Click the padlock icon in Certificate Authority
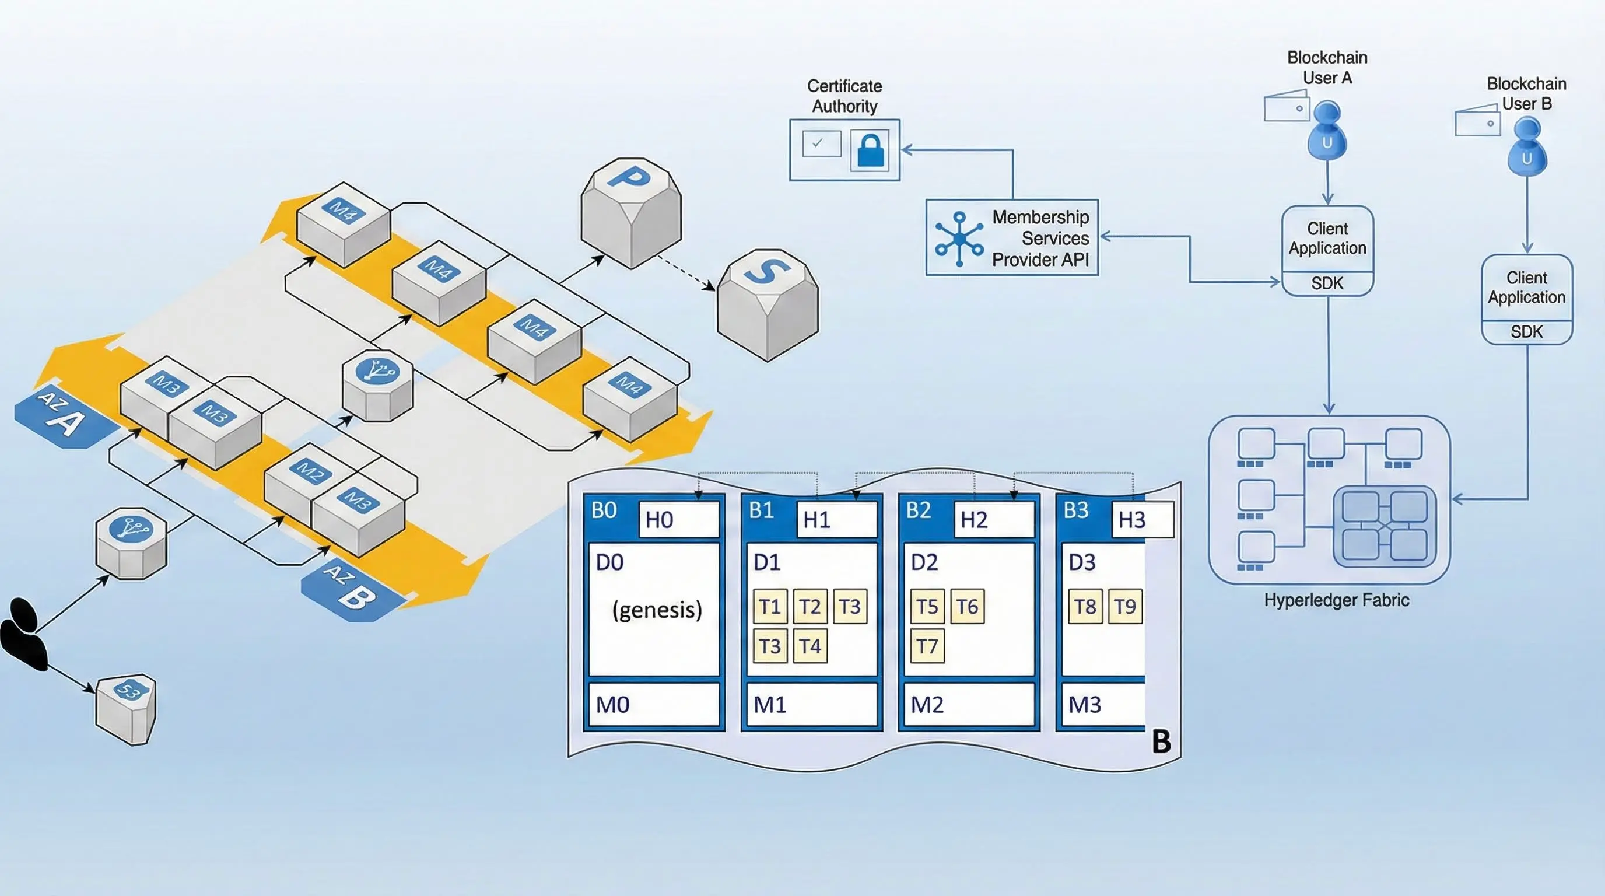(x=870, y=150)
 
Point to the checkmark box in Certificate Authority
(x=821, y=144)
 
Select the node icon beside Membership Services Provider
(x=959, y=239)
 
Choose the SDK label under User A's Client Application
(x=1327, y=283)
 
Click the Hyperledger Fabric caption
(x=1337, y=600)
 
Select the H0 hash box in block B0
(x=678, y=520)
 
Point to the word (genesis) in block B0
(x=657, y=609)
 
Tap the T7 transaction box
(x=927, y=646)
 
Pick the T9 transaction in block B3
(x=1125, y=606)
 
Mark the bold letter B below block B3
(x=1161, y=741)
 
